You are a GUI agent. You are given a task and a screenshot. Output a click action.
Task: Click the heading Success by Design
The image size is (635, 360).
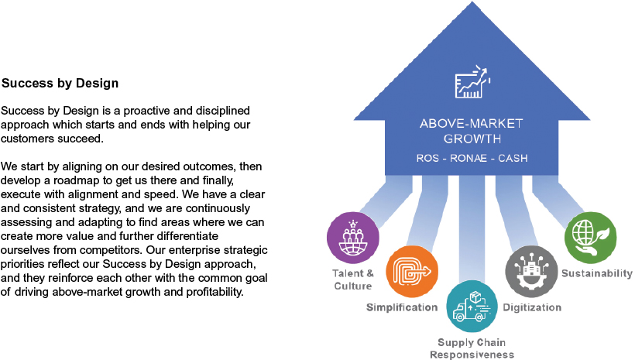60,83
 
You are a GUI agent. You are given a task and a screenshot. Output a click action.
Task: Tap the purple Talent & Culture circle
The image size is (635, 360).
353,238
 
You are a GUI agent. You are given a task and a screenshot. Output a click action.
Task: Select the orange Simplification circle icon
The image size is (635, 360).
412,272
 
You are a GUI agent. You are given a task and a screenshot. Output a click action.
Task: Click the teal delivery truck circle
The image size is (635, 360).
472,306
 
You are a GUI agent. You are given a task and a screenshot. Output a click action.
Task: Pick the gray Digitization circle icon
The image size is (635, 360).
531,271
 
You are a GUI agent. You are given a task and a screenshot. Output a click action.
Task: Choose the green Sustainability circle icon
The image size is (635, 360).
590,238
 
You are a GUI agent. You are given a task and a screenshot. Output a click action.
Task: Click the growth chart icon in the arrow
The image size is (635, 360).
472,81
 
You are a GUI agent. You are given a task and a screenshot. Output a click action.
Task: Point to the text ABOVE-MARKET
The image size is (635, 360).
472,124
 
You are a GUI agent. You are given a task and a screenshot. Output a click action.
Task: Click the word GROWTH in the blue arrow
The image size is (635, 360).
472,139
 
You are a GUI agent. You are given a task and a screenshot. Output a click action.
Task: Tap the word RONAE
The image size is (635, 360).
469,158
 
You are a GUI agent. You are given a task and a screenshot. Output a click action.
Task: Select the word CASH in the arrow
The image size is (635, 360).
513,158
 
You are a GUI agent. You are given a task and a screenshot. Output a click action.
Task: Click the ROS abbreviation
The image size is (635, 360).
427,158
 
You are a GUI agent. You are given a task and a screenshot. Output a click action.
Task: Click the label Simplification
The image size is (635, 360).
402,307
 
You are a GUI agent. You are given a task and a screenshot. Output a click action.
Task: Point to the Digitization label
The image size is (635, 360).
532,307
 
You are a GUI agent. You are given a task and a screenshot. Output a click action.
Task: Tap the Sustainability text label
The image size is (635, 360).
597,273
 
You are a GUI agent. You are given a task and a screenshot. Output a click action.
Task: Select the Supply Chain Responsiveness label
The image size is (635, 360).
472,348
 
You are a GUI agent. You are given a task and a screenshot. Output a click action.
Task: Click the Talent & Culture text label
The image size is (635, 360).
353,279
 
